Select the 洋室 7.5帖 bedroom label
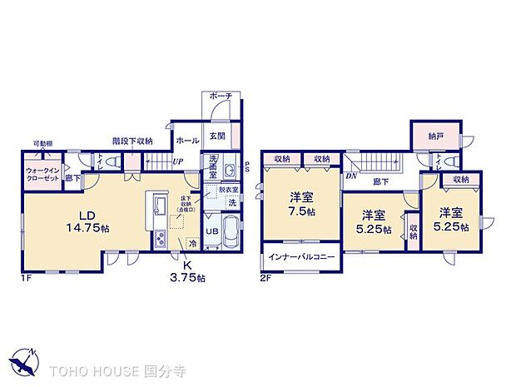[x=300, y=205]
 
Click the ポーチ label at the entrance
[x=221, y=97]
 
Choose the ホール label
[x=188, y=141]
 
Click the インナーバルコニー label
[x=301, y=257]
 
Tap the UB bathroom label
[x=212, y=231]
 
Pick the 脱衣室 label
[x=228, y=190]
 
